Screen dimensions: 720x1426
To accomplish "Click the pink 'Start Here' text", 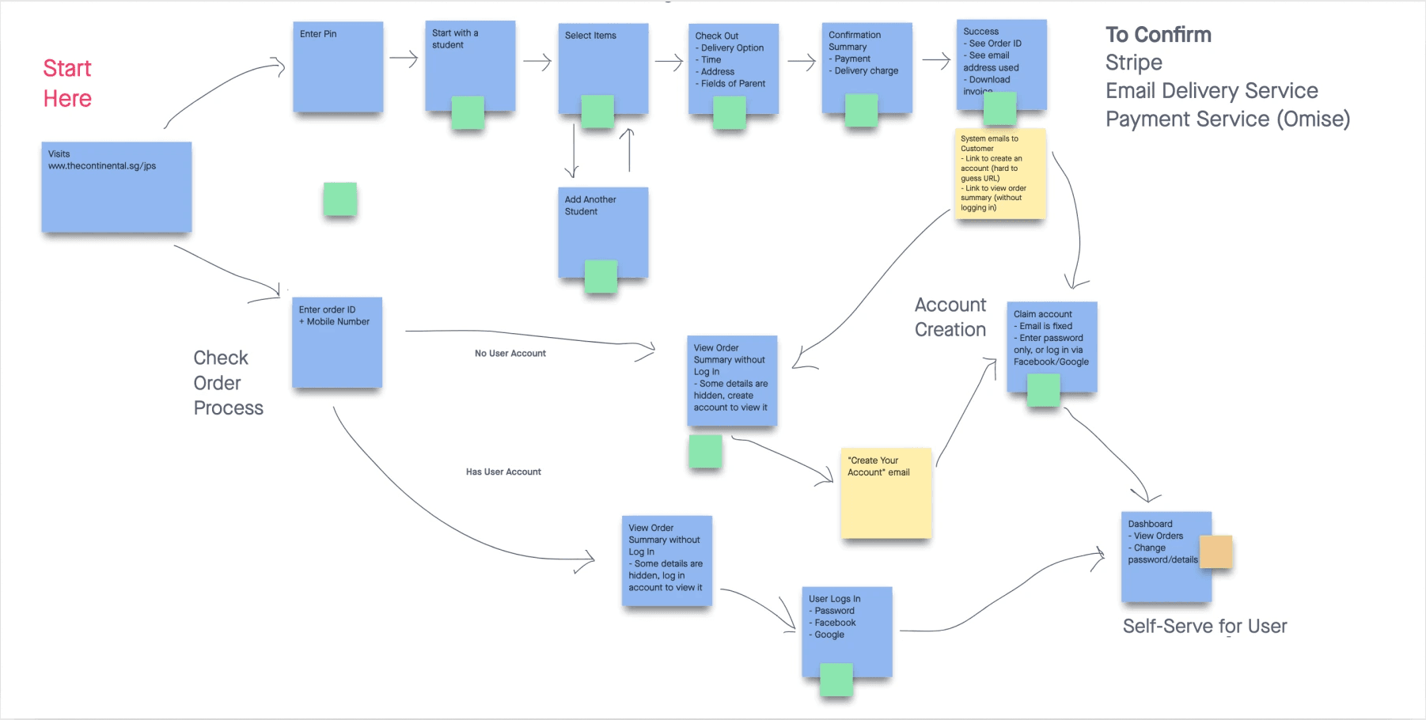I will pos(67,83).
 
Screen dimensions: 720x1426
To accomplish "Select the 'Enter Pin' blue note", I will pos(338,67).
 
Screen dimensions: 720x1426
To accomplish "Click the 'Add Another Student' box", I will pos(603,229).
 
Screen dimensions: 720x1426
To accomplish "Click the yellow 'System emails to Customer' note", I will pos(1000,173).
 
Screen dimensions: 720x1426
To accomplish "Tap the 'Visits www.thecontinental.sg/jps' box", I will pos(116,188).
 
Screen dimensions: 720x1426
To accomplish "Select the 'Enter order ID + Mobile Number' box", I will pos(337,343).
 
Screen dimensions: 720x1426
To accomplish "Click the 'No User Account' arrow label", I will pos(510,354).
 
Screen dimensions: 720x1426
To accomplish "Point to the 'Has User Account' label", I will pos(503,472).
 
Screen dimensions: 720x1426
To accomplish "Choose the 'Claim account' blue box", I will pos(1052,342).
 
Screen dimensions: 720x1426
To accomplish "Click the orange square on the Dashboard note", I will pos(1216,551).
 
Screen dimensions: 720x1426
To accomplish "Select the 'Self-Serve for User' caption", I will pos(1204,627).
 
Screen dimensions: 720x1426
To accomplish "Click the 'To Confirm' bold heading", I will pos(1159,35).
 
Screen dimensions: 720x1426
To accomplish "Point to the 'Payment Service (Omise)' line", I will pos(1227,119).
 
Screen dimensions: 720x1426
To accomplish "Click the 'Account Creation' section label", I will pos(950,317).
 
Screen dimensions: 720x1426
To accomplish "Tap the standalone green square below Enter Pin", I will pos(340,199).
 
